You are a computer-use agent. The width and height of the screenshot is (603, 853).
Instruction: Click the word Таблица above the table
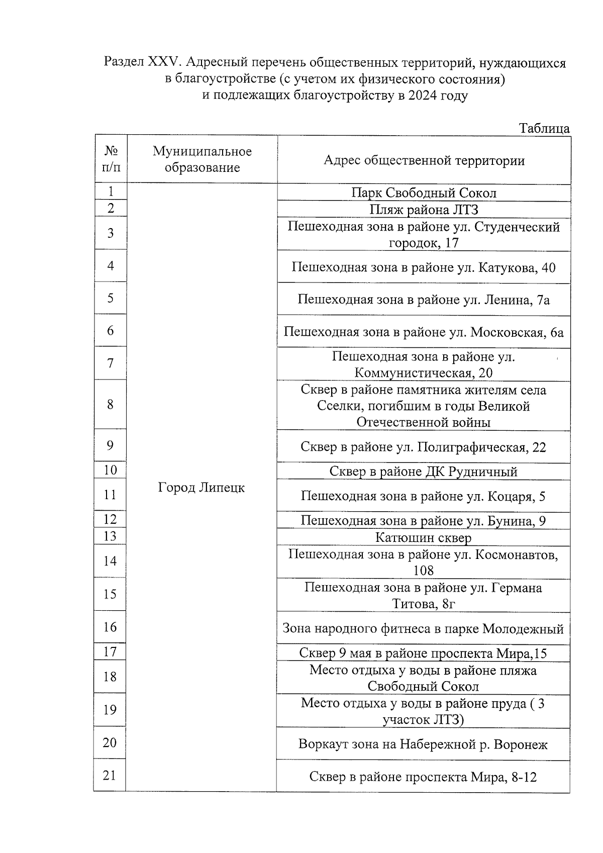[544, 129]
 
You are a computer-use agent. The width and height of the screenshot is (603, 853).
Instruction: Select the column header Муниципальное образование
[202, 159]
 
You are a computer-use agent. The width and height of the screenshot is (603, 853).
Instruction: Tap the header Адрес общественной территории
[424, 160]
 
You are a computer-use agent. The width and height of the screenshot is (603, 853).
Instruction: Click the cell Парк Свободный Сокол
[424, 193]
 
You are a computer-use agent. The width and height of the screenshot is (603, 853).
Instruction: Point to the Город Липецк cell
[202, 488]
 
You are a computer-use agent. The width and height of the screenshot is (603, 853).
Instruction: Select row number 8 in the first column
[111, 405]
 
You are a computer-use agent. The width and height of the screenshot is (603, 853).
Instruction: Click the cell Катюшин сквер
[424, 538]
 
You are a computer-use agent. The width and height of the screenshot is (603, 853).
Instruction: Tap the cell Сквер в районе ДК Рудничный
[424, 471]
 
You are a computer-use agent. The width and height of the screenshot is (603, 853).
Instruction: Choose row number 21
[110, 776]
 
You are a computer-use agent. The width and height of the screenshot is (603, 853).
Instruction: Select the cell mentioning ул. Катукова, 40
[424, 267]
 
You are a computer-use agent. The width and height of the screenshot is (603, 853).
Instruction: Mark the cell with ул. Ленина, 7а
[424, 300]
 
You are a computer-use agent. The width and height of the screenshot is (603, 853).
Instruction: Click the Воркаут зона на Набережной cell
[423, 744]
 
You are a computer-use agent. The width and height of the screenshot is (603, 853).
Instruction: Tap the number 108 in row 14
[424, 571]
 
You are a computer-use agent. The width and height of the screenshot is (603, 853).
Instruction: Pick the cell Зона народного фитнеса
[423, 629]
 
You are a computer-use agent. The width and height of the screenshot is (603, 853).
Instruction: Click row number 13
[110, 536]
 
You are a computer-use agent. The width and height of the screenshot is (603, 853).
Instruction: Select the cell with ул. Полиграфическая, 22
[424, 447]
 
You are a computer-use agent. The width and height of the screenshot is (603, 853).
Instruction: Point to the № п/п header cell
[111, 159]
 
